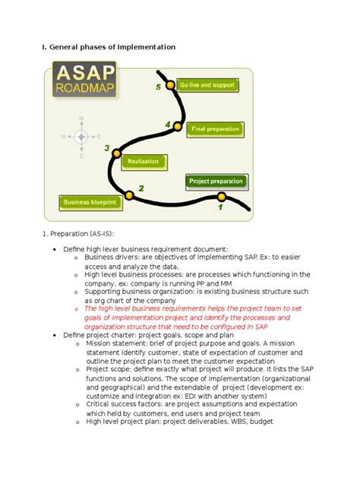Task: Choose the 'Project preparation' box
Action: point(216,181)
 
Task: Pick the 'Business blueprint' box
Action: point(89,203)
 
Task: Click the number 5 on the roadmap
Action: point(158,88)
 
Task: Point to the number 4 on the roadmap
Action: point(167,124)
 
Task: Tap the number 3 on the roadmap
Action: point(107,148)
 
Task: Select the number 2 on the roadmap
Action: point(141,187)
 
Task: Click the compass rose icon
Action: point(81,137)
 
